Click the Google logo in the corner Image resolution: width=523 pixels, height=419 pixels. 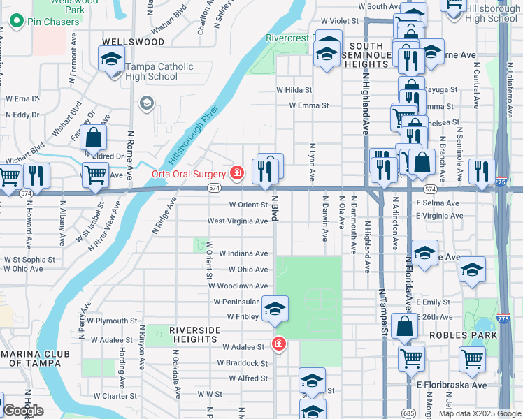23,411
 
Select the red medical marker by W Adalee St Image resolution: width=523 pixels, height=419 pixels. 278,344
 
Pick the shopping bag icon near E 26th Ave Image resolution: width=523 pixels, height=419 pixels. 406,326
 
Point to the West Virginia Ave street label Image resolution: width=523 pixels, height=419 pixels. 238,221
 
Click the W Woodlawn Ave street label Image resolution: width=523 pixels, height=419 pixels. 241,286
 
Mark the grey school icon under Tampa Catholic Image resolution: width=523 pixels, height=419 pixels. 146,103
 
